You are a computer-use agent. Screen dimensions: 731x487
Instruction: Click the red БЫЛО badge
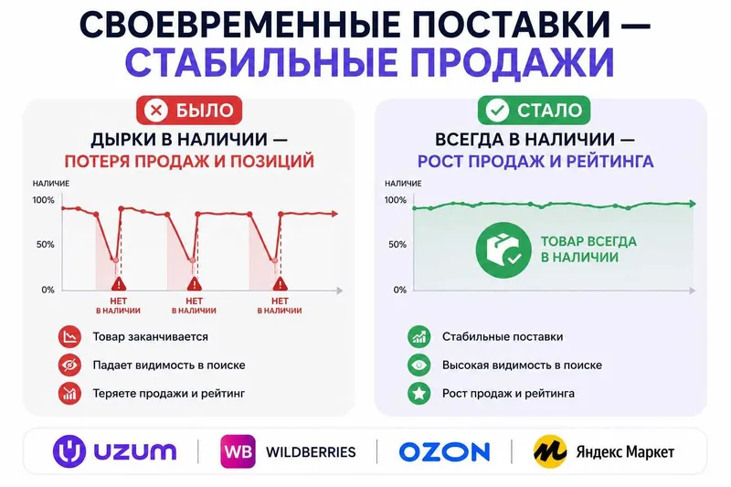click(189, 111)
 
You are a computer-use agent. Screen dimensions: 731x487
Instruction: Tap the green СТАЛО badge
click(535, 111)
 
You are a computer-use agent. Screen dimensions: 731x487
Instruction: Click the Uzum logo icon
click(69, 451)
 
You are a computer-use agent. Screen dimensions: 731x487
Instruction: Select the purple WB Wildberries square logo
click(238, 451)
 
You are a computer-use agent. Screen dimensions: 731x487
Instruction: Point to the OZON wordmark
click(444, 452)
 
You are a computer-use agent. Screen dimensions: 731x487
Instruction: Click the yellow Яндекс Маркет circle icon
click(551, 451)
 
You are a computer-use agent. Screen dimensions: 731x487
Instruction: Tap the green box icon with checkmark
click(503, 250)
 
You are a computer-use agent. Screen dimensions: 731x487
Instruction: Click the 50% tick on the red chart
click(45, 244)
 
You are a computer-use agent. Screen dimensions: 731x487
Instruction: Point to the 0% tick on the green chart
click(400, 290)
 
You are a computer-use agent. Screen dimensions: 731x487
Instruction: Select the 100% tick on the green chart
click(396, 200)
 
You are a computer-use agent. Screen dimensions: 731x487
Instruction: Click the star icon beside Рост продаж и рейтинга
click(419, 393)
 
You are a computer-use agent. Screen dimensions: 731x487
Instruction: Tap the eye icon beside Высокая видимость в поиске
click(419, 365)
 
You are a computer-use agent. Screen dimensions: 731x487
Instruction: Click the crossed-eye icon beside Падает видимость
click(69, 365)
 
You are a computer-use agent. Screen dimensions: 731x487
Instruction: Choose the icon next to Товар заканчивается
click(69, 336)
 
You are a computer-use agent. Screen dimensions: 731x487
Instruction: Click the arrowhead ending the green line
click(693, 204)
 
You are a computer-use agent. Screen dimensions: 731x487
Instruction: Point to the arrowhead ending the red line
click(334, 214)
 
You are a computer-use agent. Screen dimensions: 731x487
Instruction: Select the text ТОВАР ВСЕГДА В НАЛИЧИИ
click(588, 249)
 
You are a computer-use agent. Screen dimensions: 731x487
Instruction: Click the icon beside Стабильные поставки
click(419, 336)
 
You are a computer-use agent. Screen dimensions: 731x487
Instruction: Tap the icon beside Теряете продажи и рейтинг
click(69, 393)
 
